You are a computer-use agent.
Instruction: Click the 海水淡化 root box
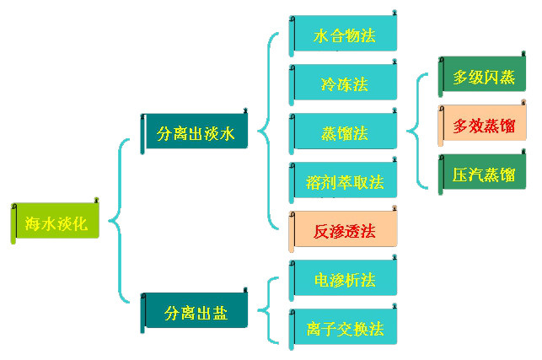(x=56, y=223)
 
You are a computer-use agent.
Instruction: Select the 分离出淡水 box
(x=196, y=132)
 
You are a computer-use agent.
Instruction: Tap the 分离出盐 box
(x=196, y=313)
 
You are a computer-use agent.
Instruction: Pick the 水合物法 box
(x=344, y=37)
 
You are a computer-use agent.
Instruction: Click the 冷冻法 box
(x=344, y=84)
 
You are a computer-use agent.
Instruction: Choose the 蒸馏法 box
(x=344, y=132)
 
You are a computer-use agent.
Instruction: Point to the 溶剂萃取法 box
(x=344, y=181)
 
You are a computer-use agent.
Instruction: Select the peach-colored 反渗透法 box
(x=344, y=230)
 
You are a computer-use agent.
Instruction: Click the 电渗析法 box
(x=344, y=279)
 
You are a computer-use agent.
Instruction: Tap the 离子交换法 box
(x=344, y=328)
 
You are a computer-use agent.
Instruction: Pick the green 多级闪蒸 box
(x=483, y=78)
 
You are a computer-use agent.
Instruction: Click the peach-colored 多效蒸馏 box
(x=483, y=126)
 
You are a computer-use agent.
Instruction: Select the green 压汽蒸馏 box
(x=483, y=175)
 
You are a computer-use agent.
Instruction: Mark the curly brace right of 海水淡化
(x=117, y=223)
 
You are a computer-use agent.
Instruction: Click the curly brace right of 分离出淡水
(x=266, y=132)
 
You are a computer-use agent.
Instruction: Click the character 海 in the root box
(x=34, y=223)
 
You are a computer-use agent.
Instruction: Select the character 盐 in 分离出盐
(x=219, y=313)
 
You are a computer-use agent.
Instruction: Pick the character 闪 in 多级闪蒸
(x=492, y=78)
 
